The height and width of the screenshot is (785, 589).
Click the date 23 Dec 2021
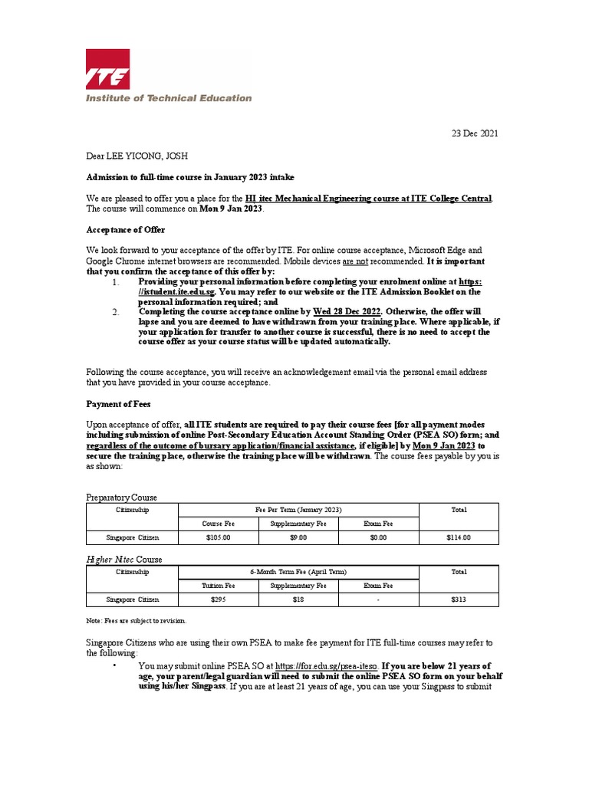[x=472, y=133]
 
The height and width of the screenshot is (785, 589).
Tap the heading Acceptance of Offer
[x=124, y=230]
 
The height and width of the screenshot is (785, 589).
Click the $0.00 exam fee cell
[x=378, y=537]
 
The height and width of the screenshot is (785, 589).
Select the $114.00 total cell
[x=459, y=537]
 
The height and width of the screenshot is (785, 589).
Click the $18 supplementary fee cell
[x=298, y=599]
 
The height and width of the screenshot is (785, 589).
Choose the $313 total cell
[x=459, y=599]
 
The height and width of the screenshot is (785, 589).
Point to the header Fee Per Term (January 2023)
[x=298, y=510]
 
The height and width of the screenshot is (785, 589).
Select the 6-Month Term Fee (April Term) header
[x=298, y=572]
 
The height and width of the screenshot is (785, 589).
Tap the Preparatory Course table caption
[x=121, y=498]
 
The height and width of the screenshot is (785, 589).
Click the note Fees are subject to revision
[x=136, y=620]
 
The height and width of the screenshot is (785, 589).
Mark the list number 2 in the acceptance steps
[x=114, y=312]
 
